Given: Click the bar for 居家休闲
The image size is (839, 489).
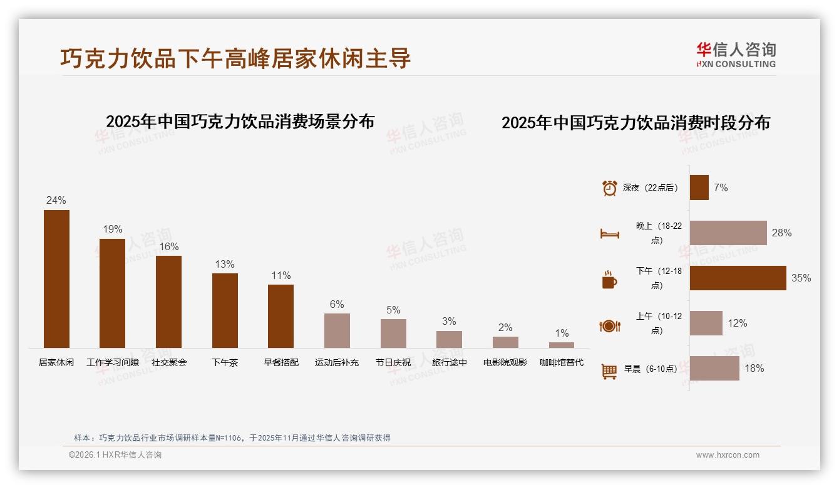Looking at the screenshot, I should [56, 279].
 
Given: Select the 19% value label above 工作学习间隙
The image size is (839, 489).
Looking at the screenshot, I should [113, 229].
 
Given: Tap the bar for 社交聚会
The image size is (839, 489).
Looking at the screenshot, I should [168, 302].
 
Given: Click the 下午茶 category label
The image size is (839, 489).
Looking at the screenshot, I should [225, 362].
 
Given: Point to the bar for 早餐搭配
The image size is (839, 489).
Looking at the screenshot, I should [281, 316].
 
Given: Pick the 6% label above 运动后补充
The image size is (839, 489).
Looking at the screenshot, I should [337, 305].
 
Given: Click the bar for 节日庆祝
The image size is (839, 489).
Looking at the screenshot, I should [393, 334].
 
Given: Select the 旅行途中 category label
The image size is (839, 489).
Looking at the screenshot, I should [450, 362].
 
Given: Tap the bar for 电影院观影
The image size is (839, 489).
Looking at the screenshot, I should [505, 342].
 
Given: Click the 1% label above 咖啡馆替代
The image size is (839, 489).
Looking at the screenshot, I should [562, 334].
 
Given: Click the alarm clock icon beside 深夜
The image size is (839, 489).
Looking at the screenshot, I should [609, 188].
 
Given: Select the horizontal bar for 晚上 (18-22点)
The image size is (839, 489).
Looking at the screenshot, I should [728, 233].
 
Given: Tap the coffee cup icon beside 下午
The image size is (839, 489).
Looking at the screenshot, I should [609, 279].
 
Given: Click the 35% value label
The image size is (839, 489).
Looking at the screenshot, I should [801, 278].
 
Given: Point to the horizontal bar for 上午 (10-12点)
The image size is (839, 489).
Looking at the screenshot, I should [706, 323].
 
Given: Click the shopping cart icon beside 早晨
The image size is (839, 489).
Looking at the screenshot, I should [609, 371].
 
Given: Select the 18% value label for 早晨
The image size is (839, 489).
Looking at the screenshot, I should [754, 369].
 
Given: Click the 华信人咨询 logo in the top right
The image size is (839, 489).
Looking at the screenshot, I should [736, 55].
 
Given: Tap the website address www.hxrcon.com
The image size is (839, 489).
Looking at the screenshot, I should [728, 455].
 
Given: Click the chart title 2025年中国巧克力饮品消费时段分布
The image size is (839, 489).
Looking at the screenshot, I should [636, 123].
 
